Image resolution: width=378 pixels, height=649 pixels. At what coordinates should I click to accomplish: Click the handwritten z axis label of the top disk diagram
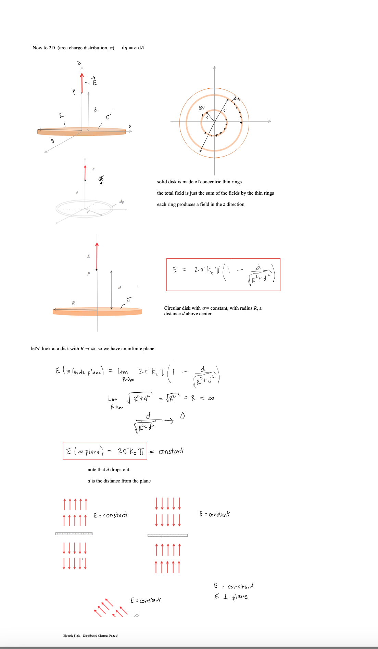[x=79, y=63]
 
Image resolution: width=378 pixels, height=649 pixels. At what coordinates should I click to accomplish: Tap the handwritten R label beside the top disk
[x=61, y=115]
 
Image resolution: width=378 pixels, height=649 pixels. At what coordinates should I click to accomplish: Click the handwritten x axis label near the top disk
[x=130, y=126]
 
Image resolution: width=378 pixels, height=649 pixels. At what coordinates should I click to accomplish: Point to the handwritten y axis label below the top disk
[x=52, y=140]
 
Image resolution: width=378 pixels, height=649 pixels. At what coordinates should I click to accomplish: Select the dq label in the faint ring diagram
[x=122, y=201]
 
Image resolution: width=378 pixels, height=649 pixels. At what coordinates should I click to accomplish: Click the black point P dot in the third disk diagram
[x=97, y=270]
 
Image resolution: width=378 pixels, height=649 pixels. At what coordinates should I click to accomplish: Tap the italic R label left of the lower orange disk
[x=73, y=303]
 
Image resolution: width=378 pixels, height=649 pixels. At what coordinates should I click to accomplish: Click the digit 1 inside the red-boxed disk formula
[x=229, y=270]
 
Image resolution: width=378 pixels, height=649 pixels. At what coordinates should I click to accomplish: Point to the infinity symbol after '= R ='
[x=211, y=398]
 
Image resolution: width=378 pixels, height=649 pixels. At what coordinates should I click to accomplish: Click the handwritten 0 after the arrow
[x=182, y=416]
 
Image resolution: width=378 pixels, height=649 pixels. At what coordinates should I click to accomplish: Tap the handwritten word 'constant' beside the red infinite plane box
[x=171, y=451]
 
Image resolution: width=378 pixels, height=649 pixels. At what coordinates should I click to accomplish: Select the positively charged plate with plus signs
[x=74, y=534]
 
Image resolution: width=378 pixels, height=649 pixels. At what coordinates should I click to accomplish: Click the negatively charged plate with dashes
[x=167, y=535]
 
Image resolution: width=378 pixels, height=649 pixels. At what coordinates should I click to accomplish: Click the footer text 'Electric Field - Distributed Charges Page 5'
[x=90, y=636]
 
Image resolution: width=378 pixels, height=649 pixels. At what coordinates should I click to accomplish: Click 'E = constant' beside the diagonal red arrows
[x=146, y=600]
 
